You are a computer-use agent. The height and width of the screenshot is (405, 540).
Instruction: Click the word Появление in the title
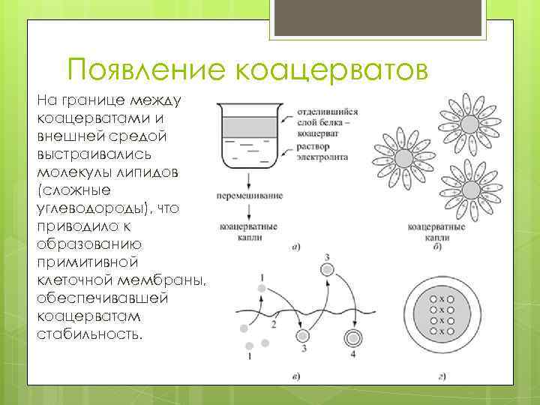pyautogui.click(x=147, y=70)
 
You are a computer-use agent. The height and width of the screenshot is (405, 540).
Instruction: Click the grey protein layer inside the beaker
pyautogui.click(x=247, y=123)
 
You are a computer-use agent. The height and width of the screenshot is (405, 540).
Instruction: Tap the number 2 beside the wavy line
pyautogui.click(x=274, y=324)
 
